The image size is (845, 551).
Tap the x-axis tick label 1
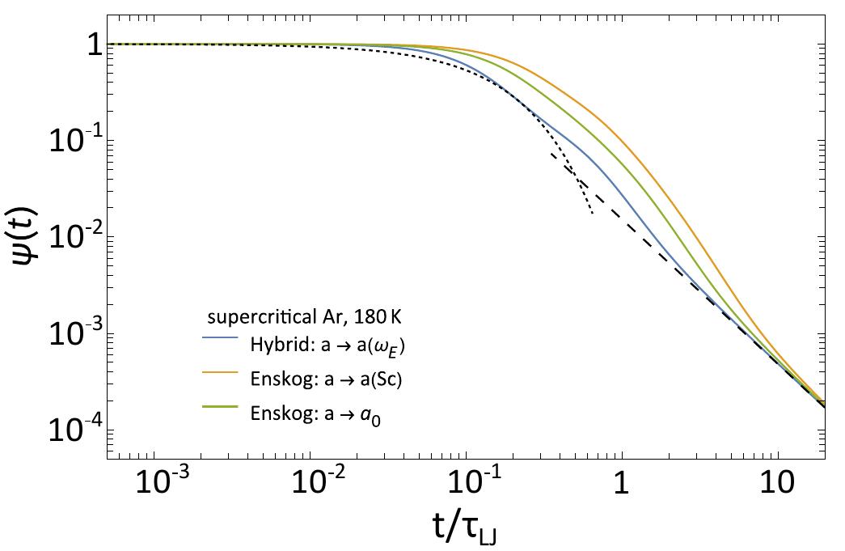621,485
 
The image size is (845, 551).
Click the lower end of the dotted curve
593,213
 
